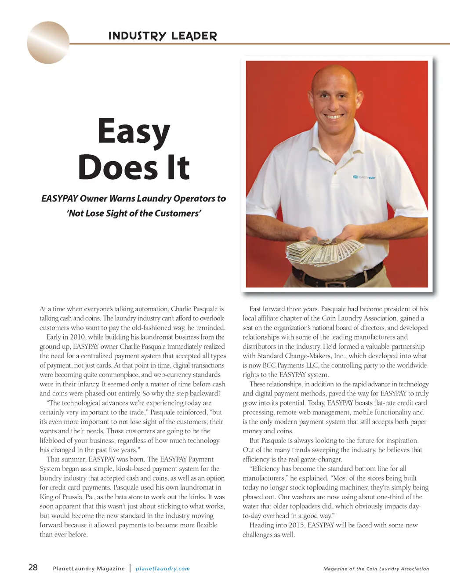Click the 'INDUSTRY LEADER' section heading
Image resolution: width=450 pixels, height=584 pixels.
coord(163,36)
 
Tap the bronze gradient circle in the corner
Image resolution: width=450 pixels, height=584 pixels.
coord(48,43)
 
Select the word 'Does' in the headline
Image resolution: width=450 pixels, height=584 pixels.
coord(118,167)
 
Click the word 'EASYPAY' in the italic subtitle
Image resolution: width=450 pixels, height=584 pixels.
coord(59,199)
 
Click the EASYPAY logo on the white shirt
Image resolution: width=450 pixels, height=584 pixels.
coord(364,177)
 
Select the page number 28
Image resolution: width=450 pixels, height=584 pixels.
coord(33,567)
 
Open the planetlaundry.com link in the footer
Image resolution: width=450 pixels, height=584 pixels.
coord(163,569)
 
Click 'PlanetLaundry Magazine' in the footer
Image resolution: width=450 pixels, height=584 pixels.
coord(89,569)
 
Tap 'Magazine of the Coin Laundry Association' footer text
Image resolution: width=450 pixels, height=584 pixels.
coord(376,569)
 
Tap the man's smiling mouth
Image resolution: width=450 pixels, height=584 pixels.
coord(334,117)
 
